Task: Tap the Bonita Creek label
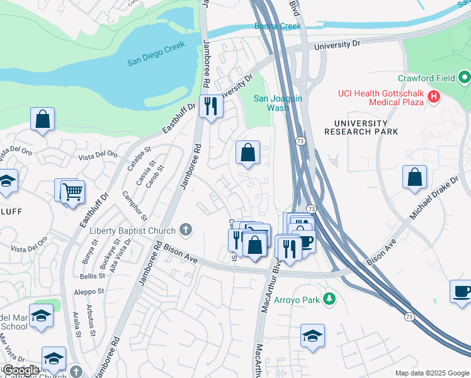[x=278, y=26]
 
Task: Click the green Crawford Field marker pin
[x=465, y=78]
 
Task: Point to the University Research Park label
[x=361, y=127]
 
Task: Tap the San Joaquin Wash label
[x=278, y=103]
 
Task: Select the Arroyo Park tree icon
[x=329, y=297]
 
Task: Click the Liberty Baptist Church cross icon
[x=185, y=229]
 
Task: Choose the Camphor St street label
[x=135, y=205]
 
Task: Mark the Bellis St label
[x=93, y=277]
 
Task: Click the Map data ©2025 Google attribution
[x=431, y=373]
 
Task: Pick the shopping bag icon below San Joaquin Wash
[x=248, y=152]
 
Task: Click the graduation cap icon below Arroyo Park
[x=312, y=335]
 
